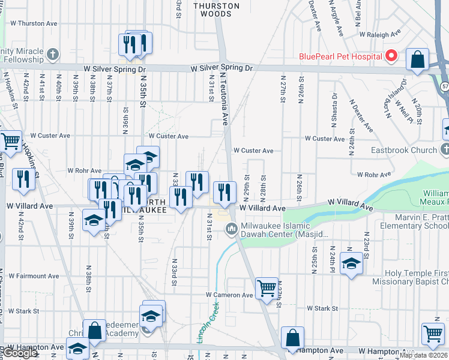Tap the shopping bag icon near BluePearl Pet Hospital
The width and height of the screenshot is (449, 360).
[x=417, y=59]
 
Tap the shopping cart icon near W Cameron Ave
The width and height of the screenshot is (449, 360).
[x=267, y=288]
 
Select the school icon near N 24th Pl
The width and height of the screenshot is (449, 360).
[x=351, y=263]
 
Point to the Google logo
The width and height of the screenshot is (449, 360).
[x=20, y=353]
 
